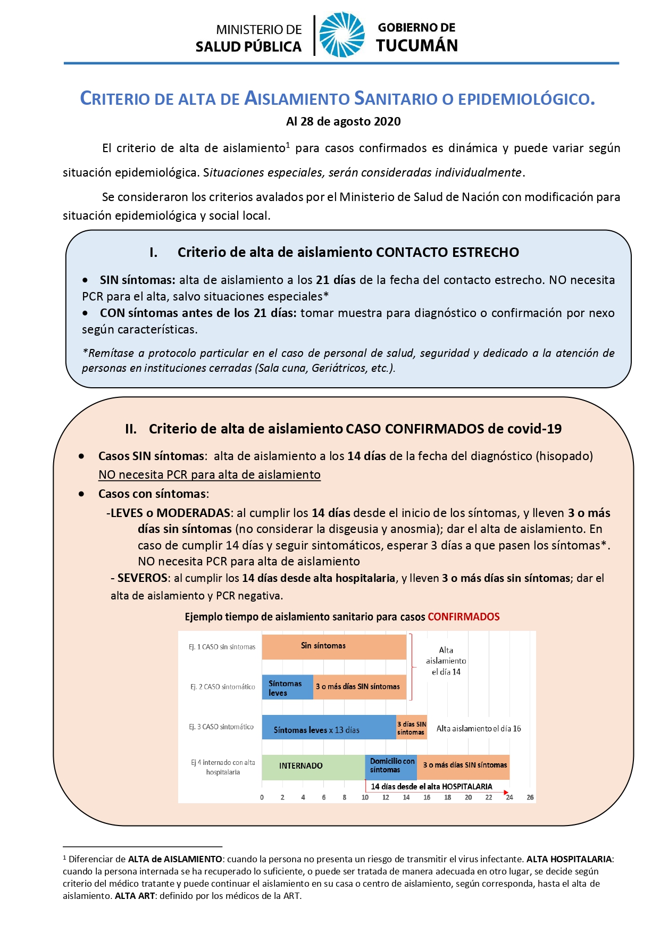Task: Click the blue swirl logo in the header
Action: [x=341, y=35]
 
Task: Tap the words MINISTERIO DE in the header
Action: [x=258, y=30]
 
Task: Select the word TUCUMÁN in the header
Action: [x=417, y=46]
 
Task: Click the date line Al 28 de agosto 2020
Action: [x=343, y=121]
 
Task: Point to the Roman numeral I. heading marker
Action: [x=154, y=253]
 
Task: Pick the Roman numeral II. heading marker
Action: [x=131, y=429]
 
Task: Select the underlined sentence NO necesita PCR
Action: [x=210, y=474]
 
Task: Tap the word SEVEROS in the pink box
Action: [x=142, y=578]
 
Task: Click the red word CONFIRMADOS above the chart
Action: [x=463, y=617]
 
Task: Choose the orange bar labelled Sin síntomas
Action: [x=334, y=646]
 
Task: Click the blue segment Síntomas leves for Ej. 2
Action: [x=287, y=687]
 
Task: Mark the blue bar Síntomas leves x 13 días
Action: [x=329, y=728]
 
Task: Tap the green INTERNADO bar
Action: [x=313, y=767]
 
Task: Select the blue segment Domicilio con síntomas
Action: [x=391, y=767]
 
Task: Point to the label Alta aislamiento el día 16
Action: [x=479, y=729]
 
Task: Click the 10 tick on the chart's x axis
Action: [x=365, y=797]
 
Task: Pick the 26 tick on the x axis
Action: [x=530, y=797]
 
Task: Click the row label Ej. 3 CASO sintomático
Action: [x=221, y=727]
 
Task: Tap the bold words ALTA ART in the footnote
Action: [x=135, y=896]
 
